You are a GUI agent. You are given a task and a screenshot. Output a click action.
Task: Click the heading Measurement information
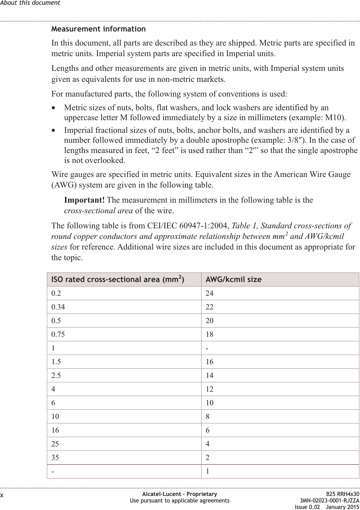pyautogui.click(x=98, y=29)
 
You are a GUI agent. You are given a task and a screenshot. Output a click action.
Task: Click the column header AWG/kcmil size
pyautogui.click(x=233, y=280)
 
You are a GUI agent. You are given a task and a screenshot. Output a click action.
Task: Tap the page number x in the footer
pyautogui.click(x=2, y=495)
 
